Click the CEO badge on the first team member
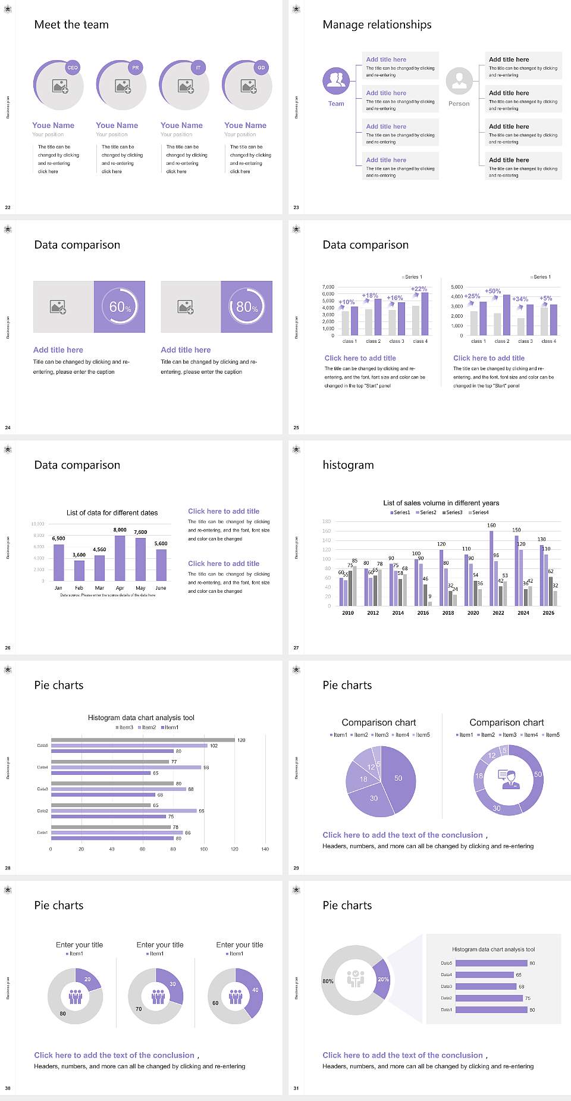[x=73, y=67]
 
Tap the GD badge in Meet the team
[x=261, y=67]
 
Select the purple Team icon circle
[x=336, y=81]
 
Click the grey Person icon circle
[x=459, y=81]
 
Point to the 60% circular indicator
[x=120, y=306]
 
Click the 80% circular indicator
[x=247, y=306]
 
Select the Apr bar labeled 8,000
[x=120, y=558]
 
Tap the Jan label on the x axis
[x=58, y=588]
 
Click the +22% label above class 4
[x=419, y=289]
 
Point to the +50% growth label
[x=492, y=291]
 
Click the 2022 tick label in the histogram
[x=498, y=613]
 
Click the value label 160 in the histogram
[x=491, y=526]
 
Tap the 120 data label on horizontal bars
[x=241, y=740]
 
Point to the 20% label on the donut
[x=383, y=979]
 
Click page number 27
[x=296, y=648]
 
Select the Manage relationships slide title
[x=377, y=24]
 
